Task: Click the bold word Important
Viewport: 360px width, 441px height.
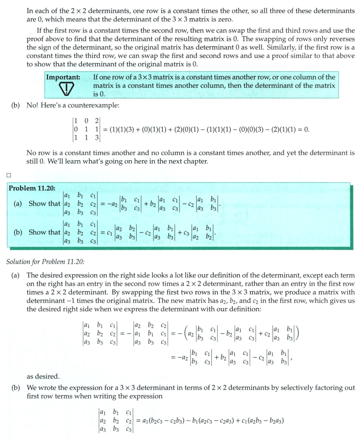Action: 63,77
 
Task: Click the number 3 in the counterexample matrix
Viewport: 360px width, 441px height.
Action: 97,137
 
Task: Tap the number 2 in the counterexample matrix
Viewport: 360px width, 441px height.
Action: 97,121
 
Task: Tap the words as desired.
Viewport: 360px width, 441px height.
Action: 42,376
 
